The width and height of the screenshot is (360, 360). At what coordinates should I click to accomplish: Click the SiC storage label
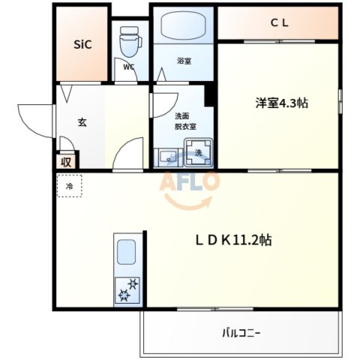(x=82, y=44)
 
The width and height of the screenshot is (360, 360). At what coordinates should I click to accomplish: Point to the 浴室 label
(x=183, y=61)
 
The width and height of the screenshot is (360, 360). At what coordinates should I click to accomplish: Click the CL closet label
(x=280, y=22)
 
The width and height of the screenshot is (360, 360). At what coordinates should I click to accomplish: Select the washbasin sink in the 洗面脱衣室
(x=166, y=157)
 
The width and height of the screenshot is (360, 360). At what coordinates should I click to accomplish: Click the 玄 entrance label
(x=81, y=122)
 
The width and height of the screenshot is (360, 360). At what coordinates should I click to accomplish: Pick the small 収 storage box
(x=66, y=160)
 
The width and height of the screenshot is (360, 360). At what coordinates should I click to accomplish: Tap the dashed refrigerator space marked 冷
(x=69, y=186)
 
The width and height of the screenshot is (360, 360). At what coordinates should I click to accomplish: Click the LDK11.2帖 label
(x=233, y=240)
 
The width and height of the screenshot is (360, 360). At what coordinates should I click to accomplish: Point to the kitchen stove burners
(x=125, y=289)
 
